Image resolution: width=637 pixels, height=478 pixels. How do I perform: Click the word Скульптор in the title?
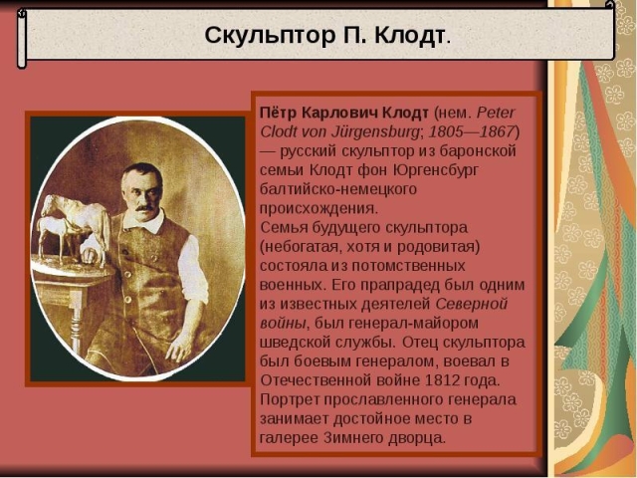coord(267,36)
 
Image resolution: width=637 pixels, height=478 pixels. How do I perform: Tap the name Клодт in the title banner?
coord(409,36)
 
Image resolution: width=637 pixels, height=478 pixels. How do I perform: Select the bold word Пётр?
coord(278,113)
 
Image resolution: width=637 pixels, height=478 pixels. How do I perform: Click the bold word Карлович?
coord(339,113)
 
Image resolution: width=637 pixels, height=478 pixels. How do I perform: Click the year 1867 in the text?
coord(498,131)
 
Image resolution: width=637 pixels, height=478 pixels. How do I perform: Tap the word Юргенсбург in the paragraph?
coord(436,170)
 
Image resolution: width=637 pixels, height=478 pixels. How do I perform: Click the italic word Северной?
coord(472,304)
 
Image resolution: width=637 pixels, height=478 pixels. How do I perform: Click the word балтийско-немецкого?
coord(338,189)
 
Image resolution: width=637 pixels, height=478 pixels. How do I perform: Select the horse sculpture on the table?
coord(73,228)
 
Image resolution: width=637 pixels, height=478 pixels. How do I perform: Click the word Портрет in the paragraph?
coord(290,400)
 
